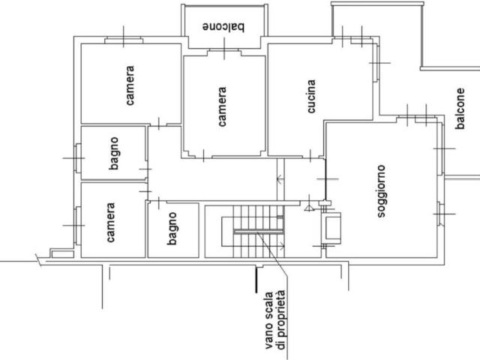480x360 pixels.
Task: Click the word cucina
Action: click(x=311, y=97)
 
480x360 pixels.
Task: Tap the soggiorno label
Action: click(x=381, y=191)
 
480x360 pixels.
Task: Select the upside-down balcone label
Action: click(x=223, y=27)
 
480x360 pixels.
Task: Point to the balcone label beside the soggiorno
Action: click(x=460, y=108)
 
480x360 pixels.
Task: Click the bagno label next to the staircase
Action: click(x=172, y=229)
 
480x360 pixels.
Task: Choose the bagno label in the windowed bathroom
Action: click(x=113, y=153)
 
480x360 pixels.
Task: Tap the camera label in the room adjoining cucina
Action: click(x=222, y=106)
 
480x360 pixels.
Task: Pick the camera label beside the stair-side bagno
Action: click(x=110, y=222)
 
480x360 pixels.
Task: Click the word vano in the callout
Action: click(x=268, y=336)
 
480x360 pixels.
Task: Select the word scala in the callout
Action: click(x=268, y=306)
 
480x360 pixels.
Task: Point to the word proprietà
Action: click(x=281, y=313)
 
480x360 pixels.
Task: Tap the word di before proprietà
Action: click(x=280, y=344)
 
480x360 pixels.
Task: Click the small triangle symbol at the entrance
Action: click(x=309, y=208)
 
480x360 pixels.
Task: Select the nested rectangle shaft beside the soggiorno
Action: click(x=331, y=228)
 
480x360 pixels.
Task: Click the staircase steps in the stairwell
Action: click(x=259, y=232)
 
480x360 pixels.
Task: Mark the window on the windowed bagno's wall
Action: click(x=77, y=158)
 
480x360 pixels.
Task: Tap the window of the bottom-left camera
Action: click(x=78, y=226)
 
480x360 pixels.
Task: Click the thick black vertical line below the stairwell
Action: click(x=256, y=280)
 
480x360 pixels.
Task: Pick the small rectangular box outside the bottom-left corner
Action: click(x=62, y=253)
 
